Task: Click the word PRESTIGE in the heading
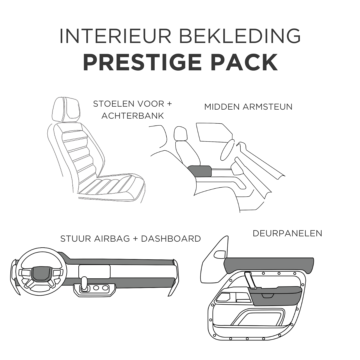[x=142, y=62]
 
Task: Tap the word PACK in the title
[x=244, y=62]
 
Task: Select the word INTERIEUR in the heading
[x=115, y=36]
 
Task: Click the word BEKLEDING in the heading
[x=240, y=36]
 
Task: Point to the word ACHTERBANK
[x=133, y=116]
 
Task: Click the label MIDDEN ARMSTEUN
[x=248, y=107]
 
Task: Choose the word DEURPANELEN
[x=287, y=233]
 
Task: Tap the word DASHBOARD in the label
[x=171, y=239]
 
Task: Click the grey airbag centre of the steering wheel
[x=41, y=274]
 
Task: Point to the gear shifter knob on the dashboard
[x=84, y=282]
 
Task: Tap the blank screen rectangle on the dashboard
[x=94, y=272]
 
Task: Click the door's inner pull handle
[x=250, y=280]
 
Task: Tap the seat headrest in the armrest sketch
[x=181, y=134]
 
